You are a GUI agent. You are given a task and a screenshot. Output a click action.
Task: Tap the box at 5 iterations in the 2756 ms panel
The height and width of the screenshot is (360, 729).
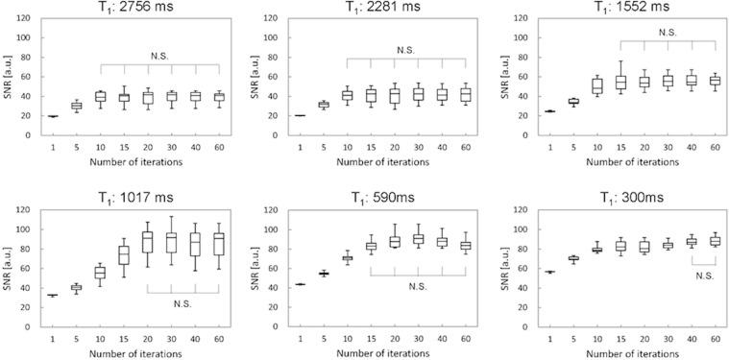click(77, 106)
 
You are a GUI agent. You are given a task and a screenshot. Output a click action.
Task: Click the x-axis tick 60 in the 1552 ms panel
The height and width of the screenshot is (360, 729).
click(715, 146)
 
